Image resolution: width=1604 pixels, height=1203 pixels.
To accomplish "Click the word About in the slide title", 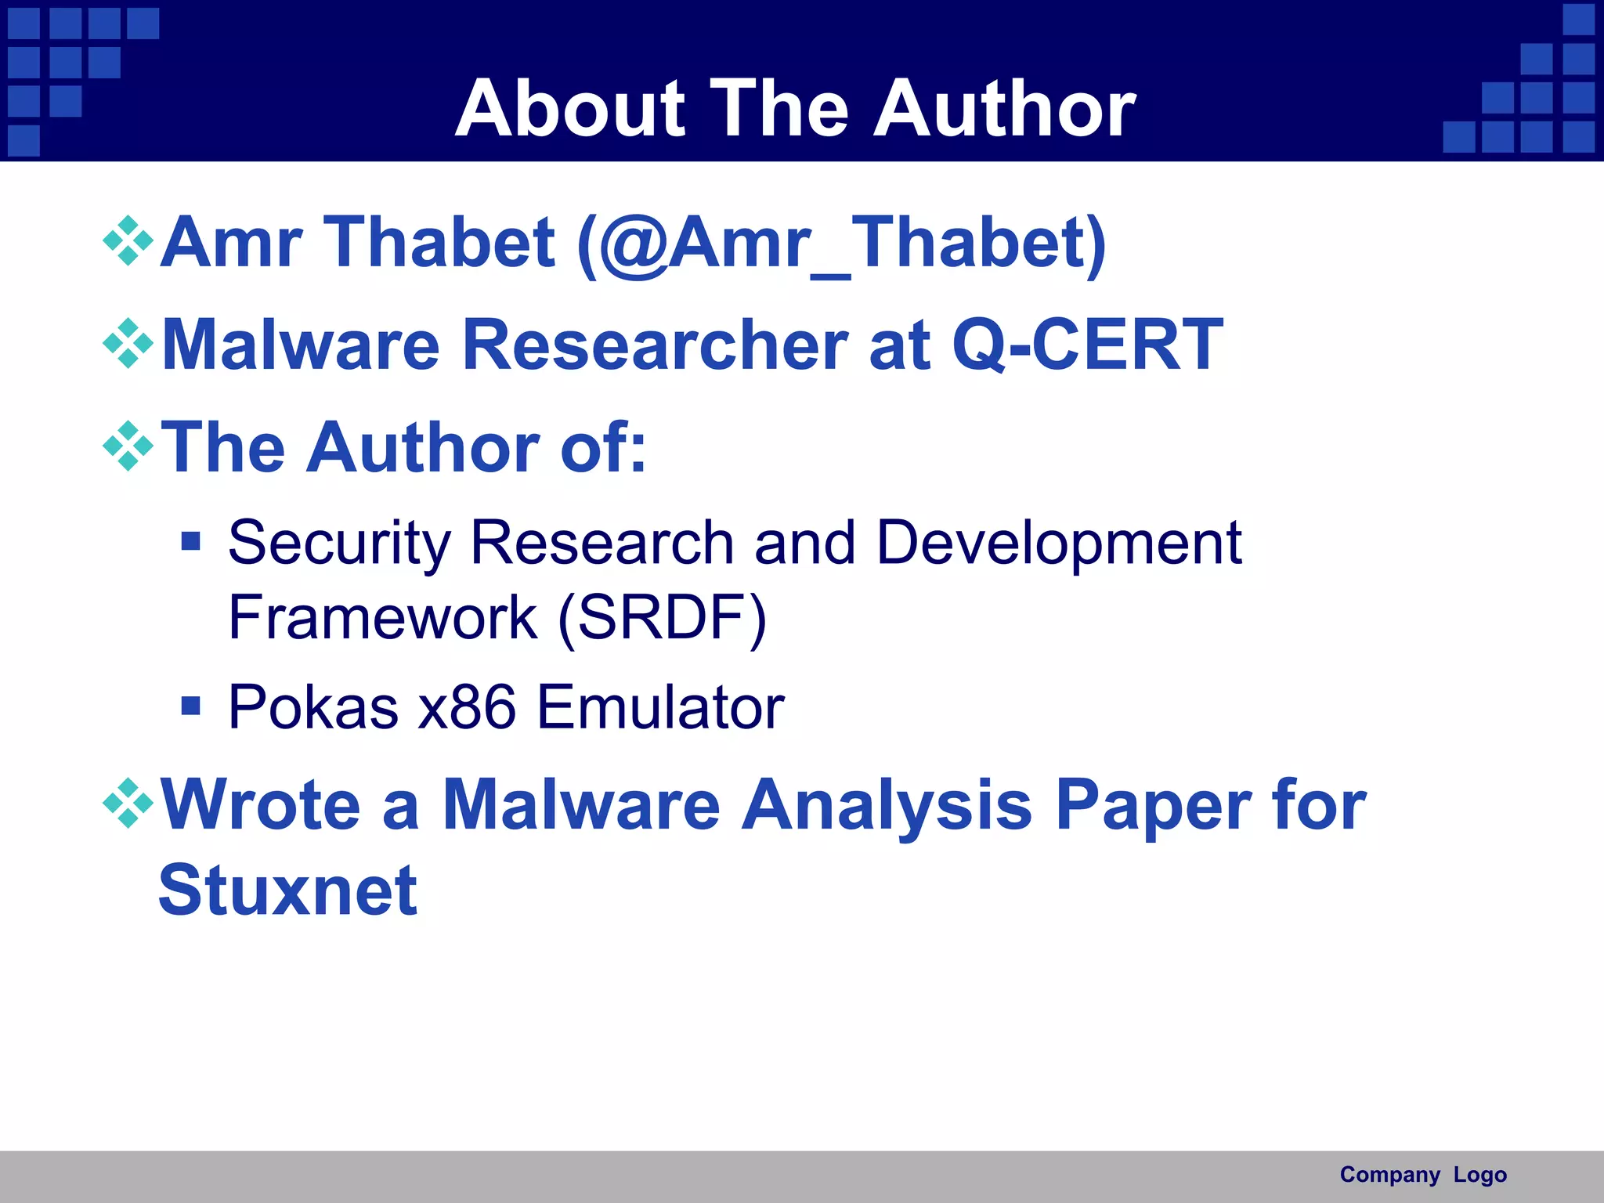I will point(570,109).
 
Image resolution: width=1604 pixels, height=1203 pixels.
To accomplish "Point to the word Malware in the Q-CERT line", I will point(301,345).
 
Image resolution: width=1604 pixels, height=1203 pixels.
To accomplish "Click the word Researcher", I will point(655,345).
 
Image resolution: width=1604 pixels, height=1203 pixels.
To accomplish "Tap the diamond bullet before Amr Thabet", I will point(128,240).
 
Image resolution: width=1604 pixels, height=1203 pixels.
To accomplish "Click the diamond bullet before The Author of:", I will point(128,446).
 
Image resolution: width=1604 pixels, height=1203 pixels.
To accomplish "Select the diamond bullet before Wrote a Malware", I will point(128,803).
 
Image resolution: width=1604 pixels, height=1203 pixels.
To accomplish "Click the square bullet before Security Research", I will point(190,541).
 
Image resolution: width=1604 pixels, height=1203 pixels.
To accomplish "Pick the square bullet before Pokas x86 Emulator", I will point(190,706).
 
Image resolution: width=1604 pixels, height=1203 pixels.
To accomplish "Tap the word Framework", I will point(382,617).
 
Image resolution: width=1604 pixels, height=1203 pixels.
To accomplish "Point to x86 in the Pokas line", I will point(467,707).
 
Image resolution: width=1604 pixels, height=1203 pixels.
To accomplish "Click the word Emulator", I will point(660,707).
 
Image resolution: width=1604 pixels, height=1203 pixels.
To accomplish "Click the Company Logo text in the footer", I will point(1423,1175).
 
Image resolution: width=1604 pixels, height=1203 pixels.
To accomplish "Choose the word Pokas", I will point(313,707).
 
